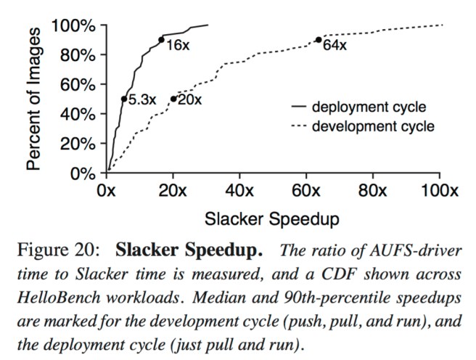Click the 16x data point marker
coord(161,40)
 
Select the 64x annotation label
coord(335,45)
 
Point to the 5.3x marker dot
coord(124,99)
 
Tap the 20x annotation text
coord(189,99)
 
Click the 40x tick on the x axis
coord(239,192)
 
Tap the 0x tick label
coord(107,192)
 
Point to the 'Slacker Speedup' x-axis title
coord(273,218)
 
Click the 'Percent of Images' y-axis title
coord(34,99)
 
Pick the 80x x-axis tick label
coord(372,192)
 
